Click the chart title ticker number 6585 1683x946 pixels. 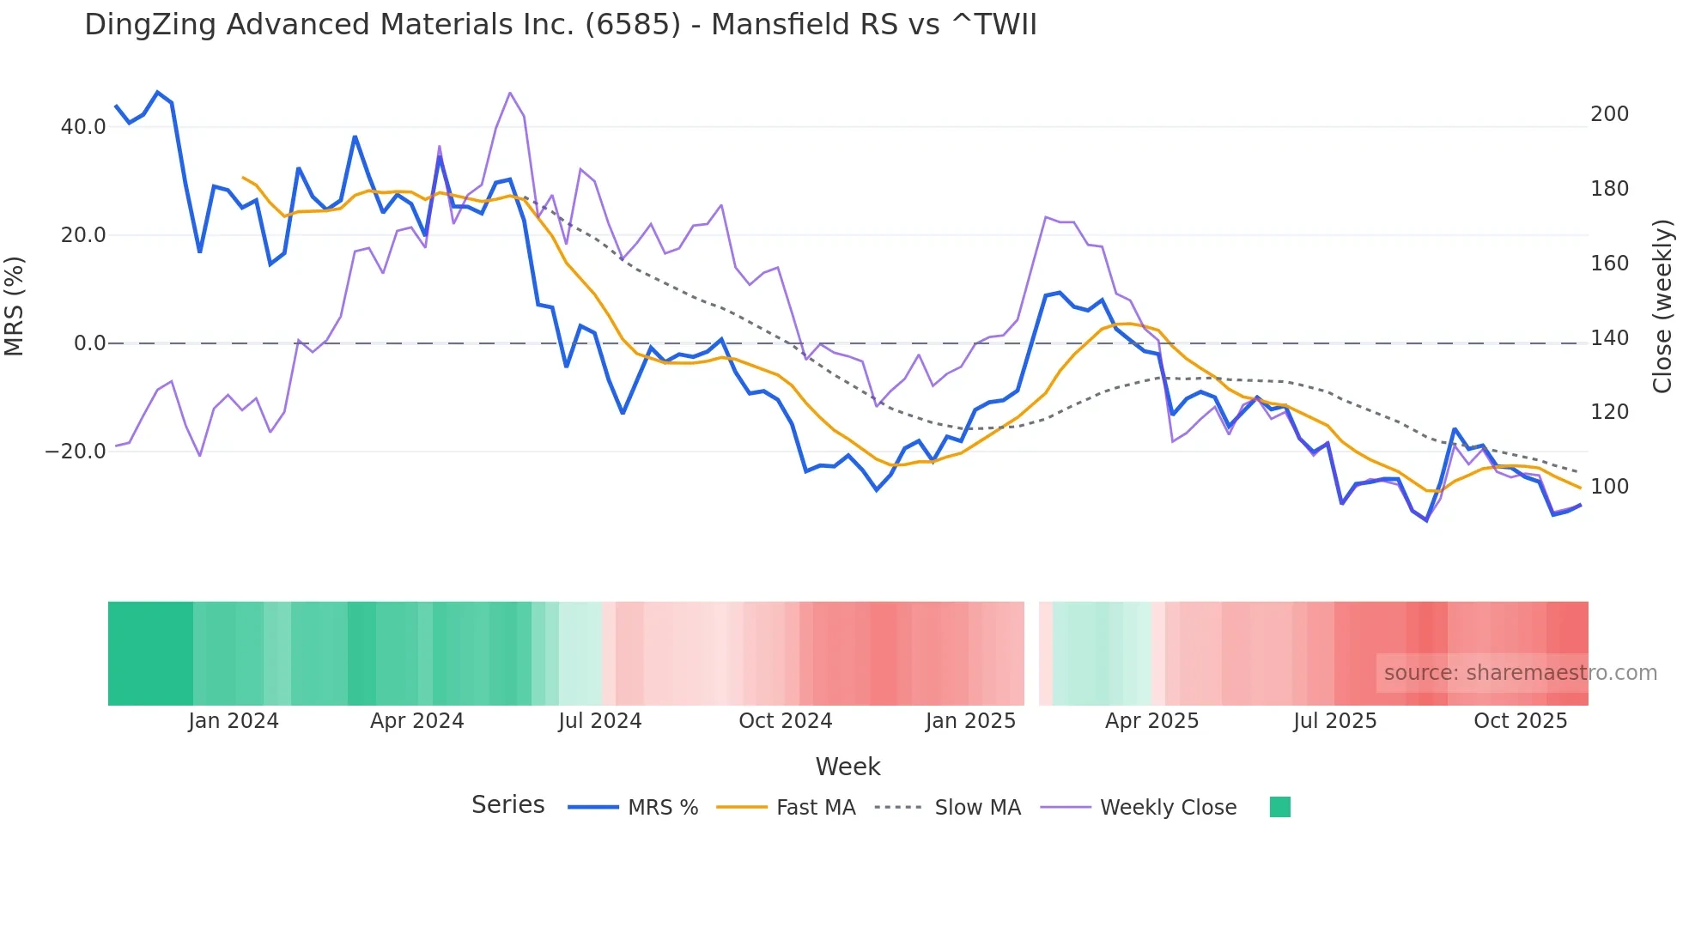pyautogui.click(x=633, y=25)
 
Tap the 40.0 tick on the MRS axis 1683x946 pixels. pyautogui.click(x=83, y=127)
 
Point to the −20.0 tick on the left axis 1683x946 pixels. pyautogui.click(x=76, y=452)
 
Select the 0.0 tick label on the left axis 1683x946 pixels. pyautogui.click(x=89, y=343)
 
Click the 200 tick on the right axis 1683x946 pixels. pyautogui.click(x=1609, y=114)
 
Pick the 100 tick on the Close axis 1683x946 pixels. pyautogui.click(x=1609, y=487)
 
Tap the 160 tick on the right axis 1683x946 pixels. pyautogui.click(x=1609, y=264)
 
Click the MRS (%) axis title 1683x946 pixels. pyautogui.click(x=15, y=306)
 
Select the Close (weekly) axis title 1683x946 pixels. pyautogui.click(x=1662, y=306)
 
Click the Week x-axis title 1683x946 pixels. pyautogui.click(x=848, y=767)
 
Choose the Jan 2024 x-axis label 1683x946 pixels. pyautogui.click(x=234, y=721)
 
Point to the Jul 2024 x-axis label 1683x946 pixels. pyautogui.click(x=599, y=721)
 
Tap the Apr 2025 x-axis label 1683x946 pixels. pyautogui.click(x=1151, y=721)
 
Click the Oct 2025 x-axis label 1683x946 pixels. pyautogui.click(x=1520, y=721)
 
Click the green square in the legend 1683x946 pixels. pyautogui.click(x=1279, y=807)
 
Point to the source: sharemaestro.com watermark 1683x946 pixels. pyautogui.click(x=1520, y=673)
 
